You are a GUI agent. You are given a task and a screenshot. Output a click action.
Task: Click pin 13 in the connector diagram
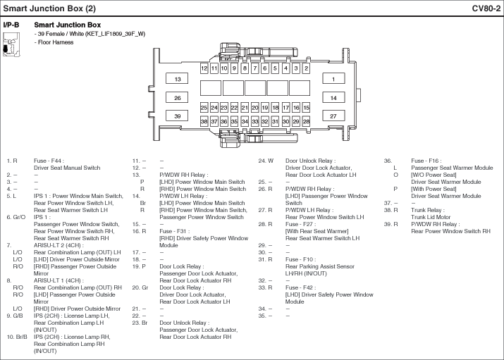(177, 79)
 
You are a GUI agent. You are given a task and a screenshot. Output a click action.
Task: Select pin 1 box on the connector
(333, 79)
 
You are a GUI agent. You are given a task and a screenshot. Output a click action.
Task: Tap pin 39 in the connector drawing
(177, 116)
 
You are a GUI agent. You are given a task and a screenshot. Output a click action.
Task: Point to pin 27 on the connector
(333, 116)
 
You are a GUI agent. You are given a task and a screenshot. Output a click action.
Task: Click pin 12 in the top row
(204, 68)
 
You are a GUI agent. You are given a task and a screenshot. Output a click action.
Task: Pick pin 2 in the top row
(307, 68)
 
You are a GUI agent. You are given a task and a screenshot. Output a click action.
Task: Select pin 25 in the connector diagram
(204, 108)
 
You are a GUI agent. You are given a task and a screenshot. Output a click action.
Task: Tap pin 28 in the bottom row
(307, 121)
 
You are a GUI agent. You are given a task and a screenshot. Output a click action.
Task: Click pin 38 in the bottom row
(204, 121)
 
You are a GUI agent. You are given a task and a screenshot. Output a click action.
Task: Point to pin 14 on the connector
(333, 98)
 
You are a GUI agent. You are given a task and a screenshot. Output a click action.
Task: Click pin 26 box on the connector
(177, 98)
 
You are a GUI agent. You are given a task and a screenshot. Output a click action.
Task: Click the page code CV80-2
(486, 8)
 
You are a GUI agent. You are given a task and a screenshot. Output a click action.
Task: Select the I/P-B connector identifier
(11, 25)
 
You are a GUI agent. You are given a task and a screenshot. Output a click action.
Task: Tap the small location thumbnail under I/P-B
(11, 44)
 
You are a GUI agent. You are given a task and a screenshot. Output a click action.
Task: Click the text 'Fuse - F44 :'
(49, 161)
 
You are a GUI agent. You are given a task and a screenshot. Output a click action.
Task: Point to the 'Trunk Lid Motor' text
(431, 217)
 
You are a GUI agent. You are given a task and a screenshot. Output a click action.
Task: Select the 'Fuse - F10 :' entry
(300, 259)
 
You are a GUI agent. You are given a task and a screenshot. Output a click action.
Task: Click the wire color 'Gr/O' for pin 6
(18, 217)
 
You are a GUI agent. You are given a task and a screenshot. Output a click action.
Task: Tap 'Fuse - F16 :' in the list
(426, 161)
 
